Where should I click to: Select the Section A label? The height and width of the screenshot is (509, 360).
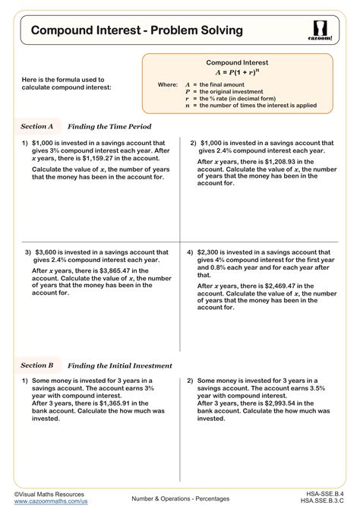[x=36, y=126]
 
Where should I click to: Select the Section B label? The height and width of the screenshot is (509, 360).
[x=37, y=365]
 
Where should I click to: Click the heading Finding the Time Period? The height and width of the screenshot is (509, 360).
[x=109, y=126]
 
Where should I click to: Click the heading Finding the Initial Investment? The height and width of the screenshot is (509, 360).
[x=120, y=365]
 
